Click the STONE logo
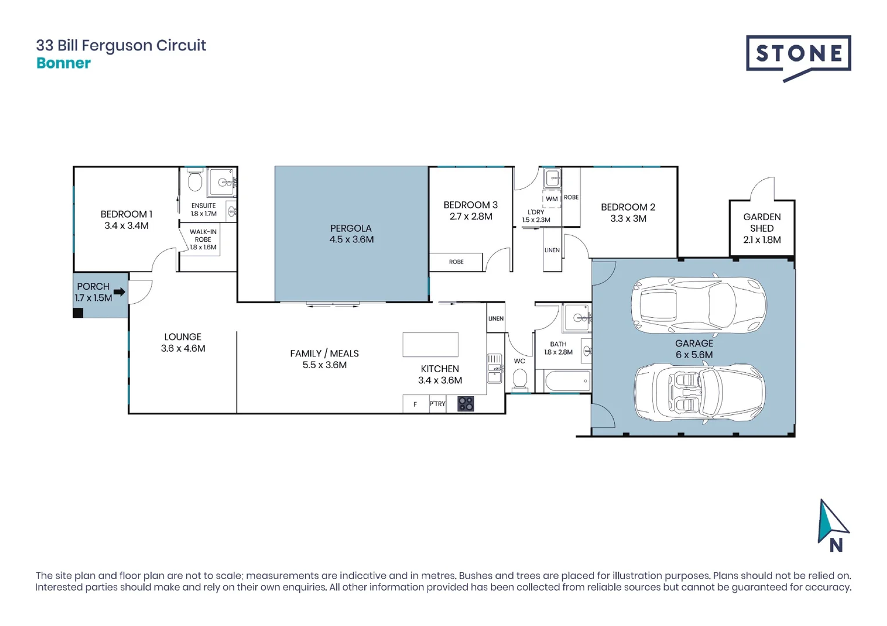pyautogui.click(x=798, y=58)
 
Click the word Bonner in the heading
pyautogui.click(x=63, y=63)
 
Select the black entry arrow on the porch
pyautogui.click(x=119, y=292)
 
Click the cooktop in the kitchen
pyautogui.click(x=466, y=403)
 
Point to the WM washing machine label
pyautogui.click(x=552, y=199)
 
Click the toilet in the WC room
pyautogui.click(x=520, y=378)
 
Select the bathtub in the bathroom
pyautogui.click(x=567, y=381)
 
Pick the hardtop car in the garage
pyautogui.click(x=699, y=305)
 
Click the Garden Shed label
pyautogui.click(x=762, y=223)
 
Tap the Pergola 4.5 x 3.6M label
pyautogui.click(x=352, y=234)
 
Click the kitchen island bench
pyautogui.click(x=430, y=345)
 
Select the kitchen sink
pyautogui.click(x=495, y=369)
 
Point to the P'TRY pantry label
pyautogui.click(x=437, y=403)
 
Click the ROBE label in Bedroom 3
pyautogui.click(x=456, y=261)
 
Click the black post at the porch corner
pyautogui.click(x=78, y=313)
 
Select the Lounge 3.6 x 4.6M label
pyautogui.click(x=183, y=343)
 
